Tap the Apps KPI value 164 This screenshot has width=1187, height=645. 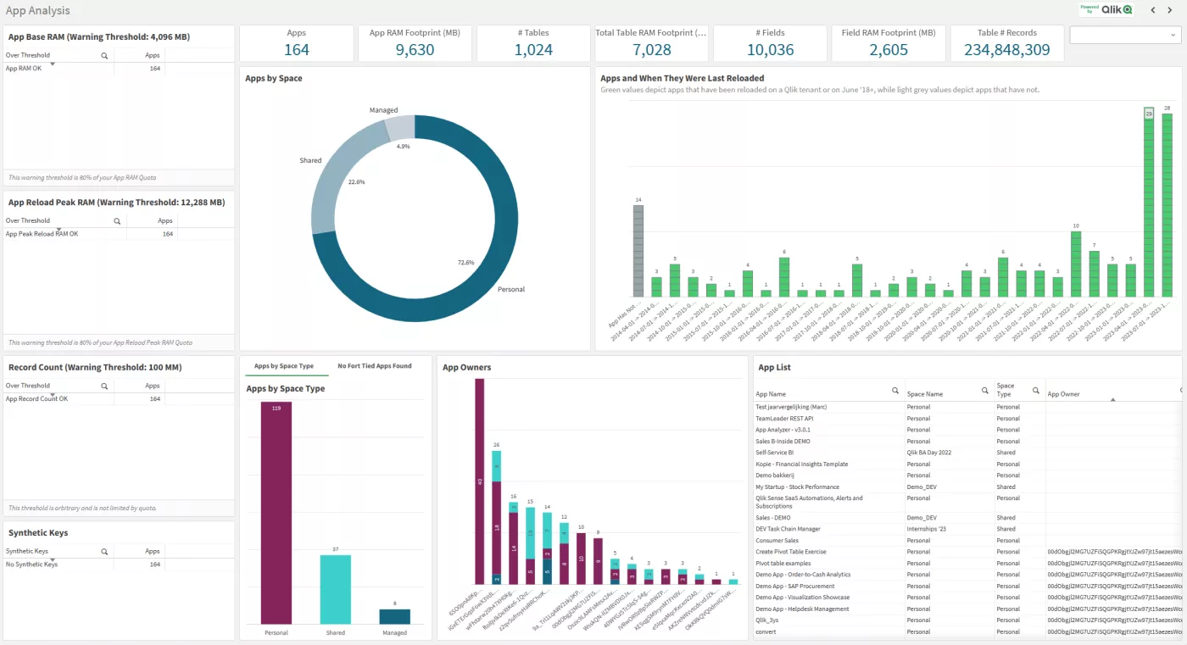click(x=297, y=50)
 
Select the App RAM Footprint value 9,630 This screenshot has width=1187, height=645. click(x=415, y=50)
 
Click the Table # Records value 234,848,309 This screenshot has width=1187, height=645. click(x=1007, y=50)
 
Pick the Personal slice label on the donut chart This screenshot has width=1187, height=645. click(x=510, y=290)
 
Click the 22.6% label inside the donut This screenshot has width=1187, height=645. click(x=356, y=181)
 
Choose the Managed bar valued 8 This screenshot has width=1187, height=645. click(x=394, y=616)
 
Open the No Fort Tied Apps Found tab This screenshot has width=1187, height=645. click(x=374, y=366)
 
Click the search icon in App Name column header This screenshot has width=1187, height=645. click(x=894, y=392)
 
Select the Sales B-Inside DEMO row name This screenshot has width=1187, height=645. click(x=783, y=442)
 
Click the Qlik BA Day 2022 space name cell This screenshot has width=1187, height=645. click(x=928, y=453)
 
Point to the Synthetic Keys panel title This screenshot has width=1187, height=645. click(x=38, y=533)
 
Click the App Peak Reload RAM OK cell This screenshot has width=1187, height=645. click(x=42, y=234)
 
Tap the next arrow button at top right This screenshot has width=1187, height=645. click(x=1171, y=10)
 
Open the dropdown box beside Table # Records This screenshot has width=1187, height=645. click(x=1125, y=35)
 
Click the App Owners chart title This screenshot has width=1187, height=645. click(x=466, y=368)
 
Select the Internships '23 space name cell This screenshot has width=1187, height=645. click(x=930, y=529)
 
